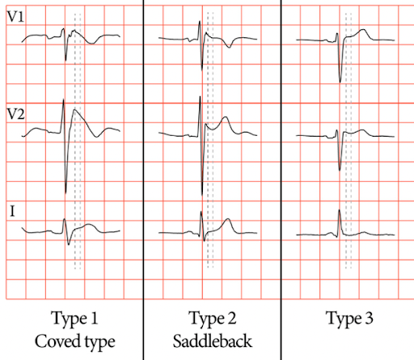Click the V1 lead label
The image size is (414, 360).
15,17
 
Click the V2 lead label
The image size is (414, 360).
15,114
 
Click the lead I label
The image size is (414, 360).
12,211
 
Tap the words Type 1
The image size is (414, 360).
74,319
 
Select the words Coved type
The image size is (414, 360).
75,341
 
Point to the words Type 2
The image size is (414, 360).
213,319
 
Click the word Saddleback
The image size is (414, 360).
213,341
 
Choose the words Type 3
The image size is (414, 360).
349,319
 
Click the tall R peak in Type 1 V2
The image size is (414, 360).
64,100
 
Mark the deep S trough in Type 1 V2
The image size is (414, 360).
65,193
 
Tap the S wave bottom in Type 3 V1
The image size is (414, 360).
340,82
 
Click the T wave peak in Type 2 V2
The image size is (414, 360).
226,117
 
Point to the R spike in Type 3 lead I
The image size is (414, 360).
340,210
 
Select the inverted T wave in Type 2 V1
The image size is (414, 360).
230,47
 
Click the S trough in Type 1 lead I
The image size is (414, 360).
69,244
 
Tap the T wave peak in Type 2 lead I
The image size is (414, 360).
228,219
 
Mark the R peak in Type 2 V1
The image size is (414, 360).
200,22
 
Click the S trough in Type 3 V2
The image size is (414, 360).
340,170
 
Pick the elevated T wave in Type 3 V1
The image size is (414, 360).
363,30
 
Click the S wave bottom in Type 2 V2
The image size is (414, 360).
202,195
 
